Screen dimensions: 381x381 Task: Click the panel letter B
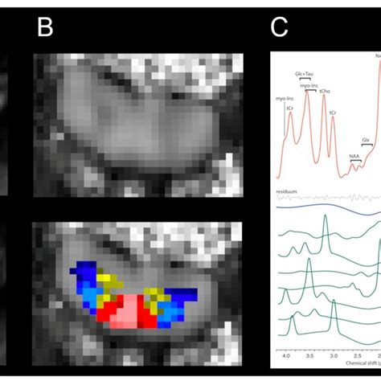45,30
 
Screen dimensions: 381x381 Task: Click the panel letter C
279,30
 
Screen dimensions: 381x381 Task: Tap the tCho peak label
325,91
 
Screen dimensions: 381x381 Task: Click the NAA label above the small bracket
354,157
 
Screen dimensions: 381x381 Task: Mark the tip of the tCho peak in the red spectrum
325,97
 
